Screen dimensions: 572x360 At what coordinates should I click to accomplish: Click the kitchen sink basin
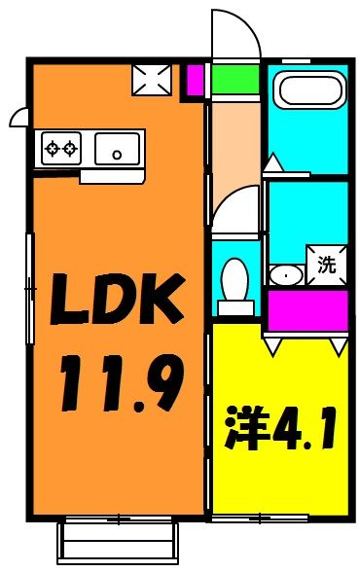pyautogui.click(x=118, y=150)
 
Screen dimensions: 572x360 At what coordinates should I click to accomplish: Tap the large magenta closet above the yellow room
pyautogui.click(x=307, y=310)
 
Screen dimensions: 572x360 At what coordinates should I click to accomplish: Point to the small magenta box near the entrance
pyautogui.click(x=195, y=79)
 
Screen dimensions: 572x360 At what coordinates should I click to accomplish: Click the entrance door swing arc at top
pyautogui.click(x=237, y=34)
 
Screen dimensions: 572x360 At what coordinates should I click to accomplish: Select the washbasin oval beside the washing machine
pyautogui.click(x=285, y=274)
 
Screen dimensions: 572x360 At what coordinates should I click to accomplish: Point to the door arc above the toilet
pyautogui.click(x=236, y=209)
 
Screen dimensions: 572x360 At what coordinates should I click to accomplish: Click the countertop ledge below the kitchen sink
pyautogui.click(x=112, y=176)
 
